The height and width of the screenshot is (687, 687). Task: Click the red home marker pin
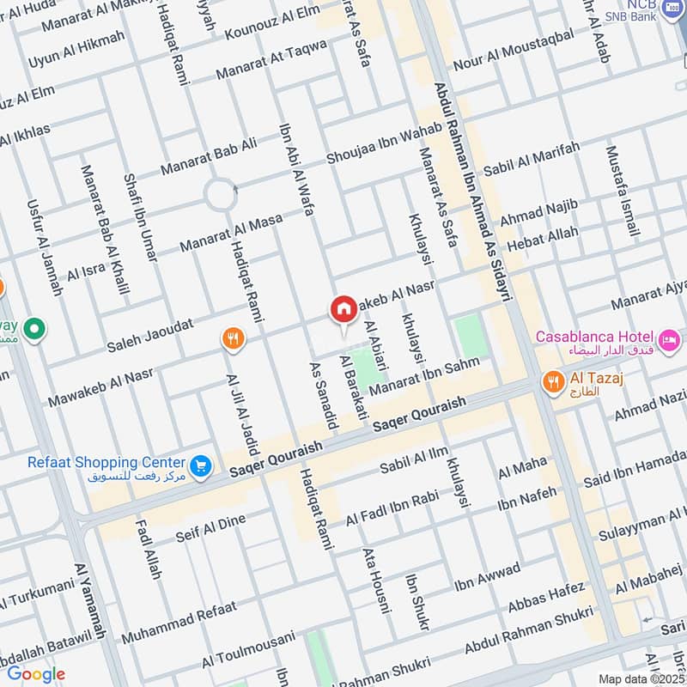coord(343,309)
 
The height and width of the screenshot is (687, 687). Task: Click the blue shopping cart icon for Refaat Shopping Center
coord(201,465)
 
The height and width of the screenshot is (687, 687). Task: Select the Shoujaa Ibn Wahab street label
coord(384,143)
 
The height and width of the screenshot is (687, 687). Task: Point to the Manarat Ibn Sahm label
coord(436,375)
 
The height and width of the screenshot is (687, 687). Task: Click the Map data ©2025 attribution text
coord(641,678)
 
